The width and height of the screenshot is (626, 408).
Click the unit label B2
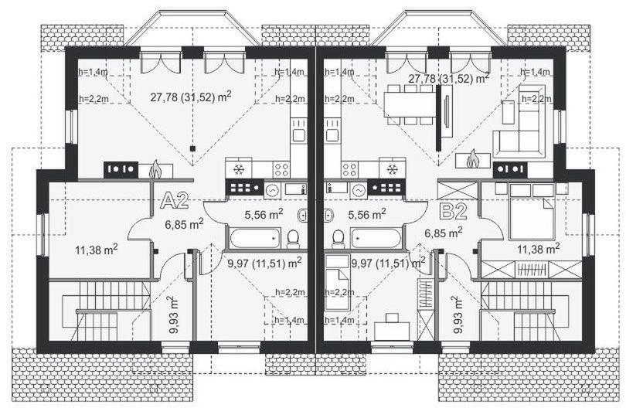click(451, 210)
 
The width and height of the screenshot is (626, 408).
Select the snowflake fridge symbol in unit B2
click(392, 168)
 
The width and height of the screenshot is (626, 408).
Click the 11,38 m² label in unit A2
click(96, 249)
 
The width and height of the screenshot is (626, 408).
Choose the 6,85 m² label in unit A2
click(184, 224)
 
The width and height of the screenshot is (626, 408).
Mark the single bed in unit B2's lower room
click(336, 285)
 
